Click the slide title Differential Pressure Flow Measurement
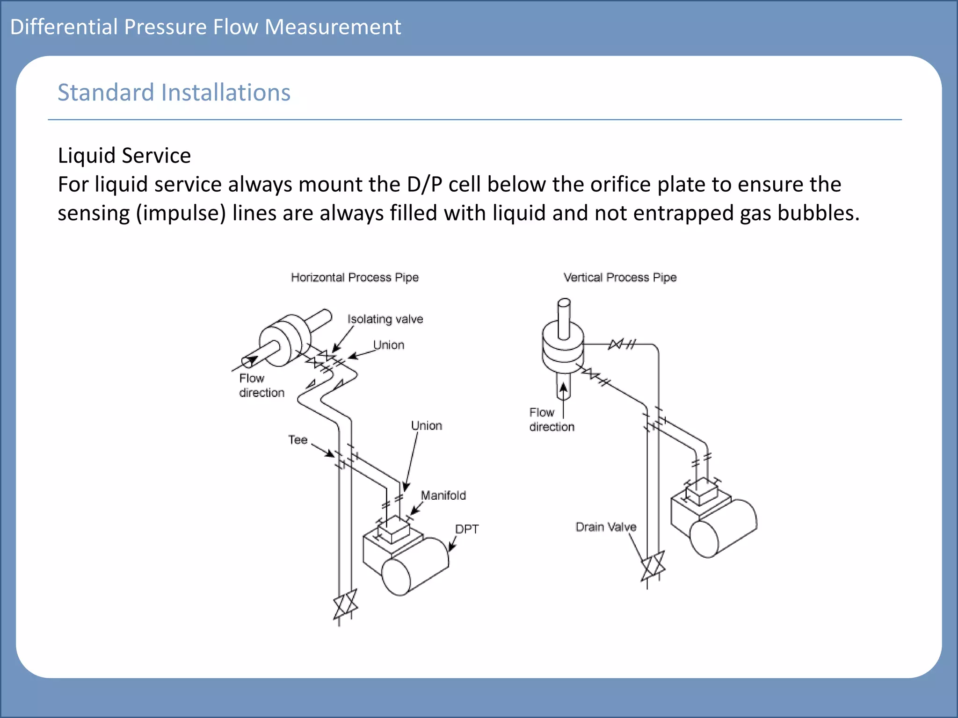[205, 27]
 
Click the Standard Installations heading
[174, 92]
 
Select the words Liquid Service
[124, 155]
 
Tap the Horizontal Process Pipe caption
[355, 277]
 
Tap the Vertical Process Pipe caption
[620, 277]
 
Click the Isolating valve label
[385, 319]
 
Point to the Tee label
[298, 439]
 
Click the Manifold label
[443, 495]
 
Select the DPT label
[466, 529]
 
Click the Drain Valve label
[605, 527]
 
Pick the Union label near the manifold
[426, 425]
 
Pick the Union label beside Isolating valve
[388, 345]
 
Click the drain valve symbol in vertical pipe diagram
[653, 566]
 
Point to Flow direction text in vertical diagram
[551, 419]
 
